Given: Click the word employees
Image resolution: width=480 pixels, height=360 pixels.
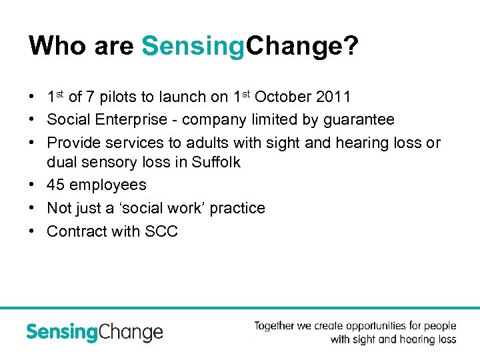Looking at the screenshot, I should click(108, 185).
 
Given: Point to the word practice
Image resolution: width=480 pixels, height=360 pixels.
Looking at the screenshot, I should click(237, 208).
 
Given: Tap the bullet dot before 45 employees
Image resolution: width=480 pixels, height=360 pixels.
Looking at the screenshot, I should click(33, 185).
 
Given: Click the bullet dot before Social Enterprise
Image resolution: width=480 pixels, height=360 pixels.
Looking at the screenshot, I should click(33, 120).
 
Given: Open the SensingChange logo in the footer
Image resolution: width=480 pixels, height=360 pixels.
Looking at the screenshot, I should click(95, 332).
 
